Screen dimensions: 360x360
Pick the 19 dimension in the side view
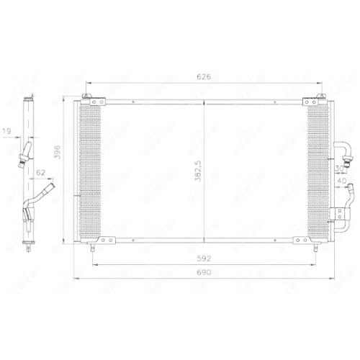(x=7, y=132)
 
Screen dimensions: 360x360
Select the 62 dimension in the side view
(x=40, y=174)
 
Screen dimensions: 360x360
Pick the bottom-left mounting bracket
(x=105, y=240)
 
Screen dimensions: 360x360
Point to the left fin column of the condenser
(x=92, y=170)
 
